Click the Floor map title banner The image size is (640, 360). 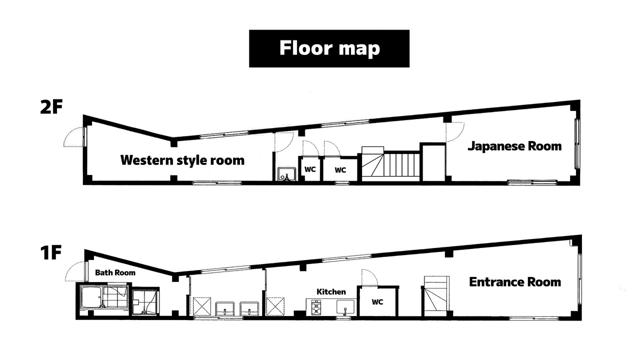click(x=329, y=48)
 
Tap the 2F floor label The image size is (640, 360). click(x=51, y=107)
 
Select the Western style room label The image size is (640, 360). click(x=182, y=160)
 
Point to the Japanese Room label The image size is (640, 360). click(x=514, y=146)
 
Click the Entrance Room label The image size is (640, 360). click(x=515, y=282)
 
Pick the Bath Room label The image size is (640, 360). click(x=115, y=272)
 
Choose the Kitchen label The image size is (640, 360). click(x=331, y=291)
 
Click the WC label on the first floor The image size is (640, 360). click(x=377, y=302)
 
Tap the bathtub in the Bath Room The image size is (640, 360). click(x=91, y=297)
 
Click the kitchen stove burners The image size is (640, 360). click(x=315, y=307)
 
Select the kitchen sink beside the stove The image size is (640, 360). click(x=345, y=307)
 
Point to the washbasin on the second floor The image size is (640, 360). click(x=287, y=174)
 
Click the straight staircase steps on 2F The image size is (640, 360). click(x=401, y=164)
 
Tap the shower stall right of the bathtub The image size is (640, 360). click(x=145, y=302)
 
